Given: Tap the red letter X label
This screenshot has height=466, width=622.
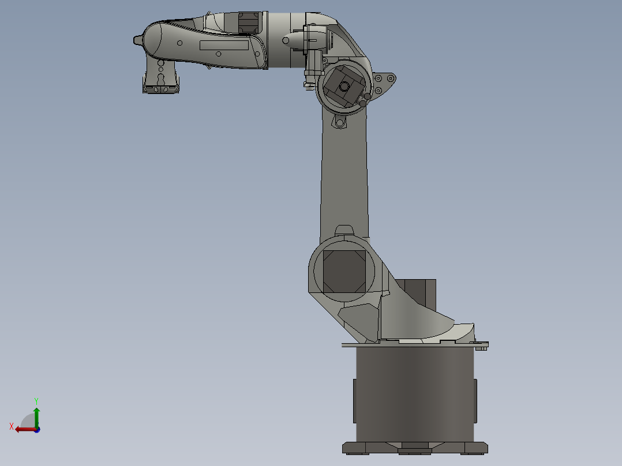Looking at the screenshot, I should point(12,426).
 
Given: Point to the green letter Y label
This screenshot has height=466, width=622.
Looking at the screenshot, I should point(36,400).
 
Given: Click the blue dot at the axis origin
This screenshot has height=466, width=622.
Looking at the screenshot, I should point(37,430).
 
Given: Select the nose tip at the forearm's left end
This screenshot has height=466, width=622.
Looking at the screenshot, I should point(137,40).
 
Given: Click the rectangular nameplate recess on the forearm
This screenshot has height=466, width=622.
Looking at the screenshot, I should point(224,45).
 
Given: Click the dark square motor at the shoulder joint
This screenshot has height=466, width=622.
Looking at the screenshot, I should point(343,271).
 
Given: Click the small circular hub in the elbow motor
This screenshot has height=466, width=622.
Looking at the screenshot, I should point(344,86).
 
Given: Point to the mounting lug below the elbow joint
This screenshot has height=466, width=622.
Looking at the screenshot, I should point(339,122).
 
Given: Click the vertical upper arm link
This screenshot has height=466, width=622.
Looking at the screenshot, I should point(344,173).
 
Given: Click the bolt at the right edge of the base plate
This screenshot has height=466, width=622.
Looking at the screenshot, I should point(482,346).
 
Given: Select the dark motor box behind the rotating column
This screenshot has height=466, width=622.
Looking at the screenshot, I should point(420,293).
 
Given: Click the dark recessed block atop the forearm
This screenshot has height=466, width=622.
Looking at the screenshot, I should point(249,22).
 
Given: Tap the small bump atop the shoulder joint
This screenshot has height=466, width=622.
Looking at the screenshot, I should point(344,230).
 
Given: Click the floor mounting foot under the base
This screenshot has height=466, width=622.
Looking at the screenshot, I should point(415,448).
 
